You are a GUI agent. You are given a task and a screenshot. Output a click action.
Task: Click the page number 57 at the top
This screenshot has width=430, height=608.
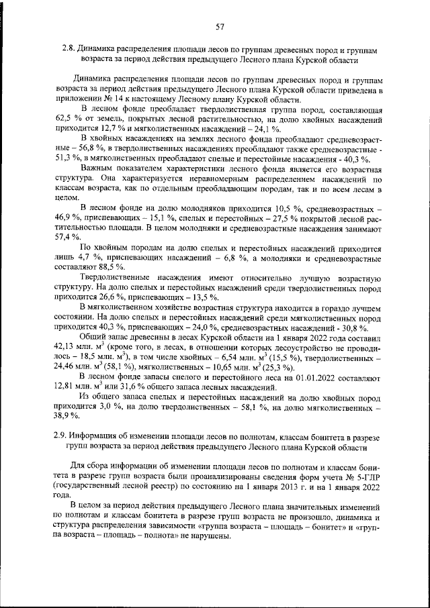pyautogui.click(x=219, y=27)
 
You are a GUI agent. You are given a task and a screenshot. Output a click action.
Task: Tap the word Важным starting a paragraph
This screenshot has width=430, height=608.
pyautogui.click(x=96, y=169)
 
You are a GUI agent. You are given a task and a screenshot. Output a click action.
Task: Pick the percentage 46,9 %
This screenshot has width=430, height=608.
pyautogui.click(x=66, y=218)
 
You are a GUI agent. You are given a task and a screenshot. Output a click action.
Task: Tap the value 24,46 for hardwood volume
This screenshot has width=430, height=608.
pyautogui.click(x=67, y=368)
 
